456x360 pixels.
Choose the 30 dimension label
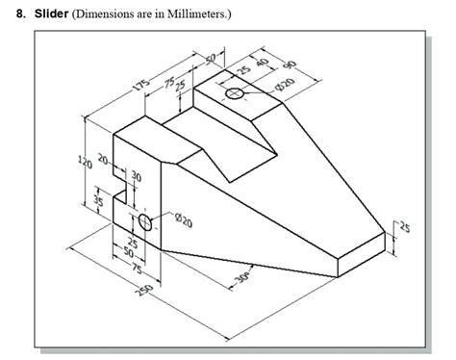coord(136,177)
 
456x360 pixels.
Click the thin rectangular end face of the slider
coord(368,248)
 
